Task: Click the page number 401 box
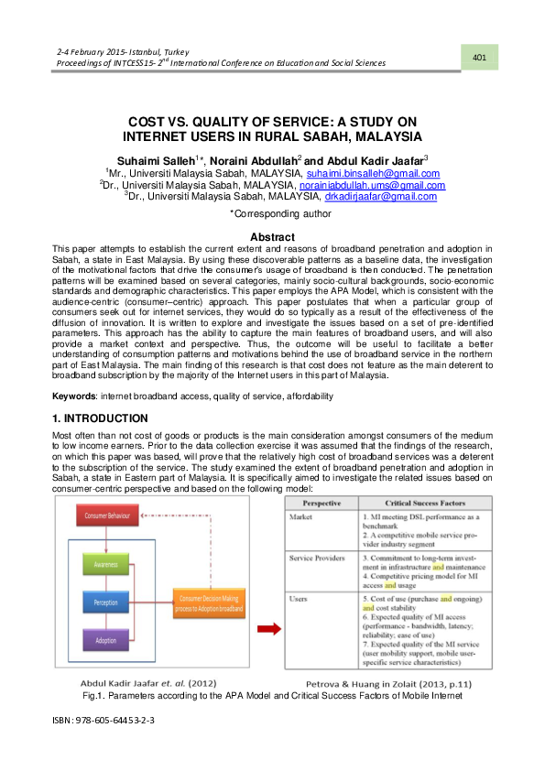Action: coord(479,59)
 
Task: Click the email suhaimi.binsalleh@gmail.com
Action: coord(373,173)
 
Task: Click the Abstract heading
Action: coord(272,237)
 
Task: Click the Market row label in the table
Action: coord(303,518)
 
